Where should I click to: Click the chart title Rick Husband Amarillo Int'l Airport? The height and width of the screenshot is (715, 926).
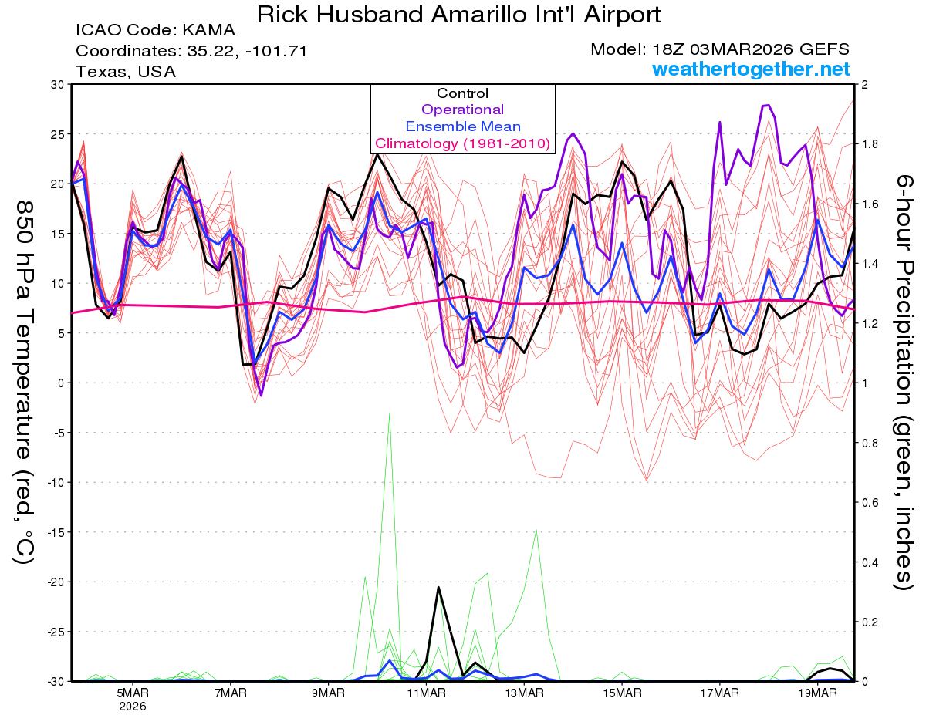click(458, 14)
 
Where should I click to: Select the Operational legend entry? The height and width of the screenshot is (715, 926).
click(462, 110)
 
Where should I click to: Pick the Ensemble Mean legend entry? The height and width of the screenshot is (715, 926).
click(462, 126)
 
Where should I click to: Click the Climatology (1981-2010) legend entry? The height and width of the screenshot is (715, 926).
click(462, 143)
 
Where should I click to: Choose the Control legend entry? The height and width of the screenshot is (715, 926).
click(462, 93)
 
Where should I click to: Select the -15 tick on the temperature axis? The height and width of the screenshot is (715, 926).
click(56, 532)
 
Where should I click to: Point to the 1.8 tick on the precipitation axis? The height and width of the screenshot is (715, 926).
click(870, 144)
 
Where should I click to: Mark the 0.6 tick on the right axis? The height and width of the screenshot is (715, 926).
click(870, 502)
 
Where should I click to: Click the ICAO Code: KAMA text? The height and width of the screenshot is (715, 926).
click(155, 32)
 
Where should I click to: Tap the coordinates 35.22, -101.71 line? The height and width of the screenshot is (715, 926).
click(191, 52)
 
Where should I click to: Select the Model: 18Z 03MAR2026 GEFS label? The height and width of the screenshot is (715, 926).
click(720, 49)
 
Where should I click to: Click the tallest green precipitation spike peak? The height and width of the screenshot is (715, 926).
click(390, 413)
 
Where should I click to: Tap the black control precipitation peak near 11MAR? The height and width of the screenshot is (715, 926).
click(438, 588)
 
